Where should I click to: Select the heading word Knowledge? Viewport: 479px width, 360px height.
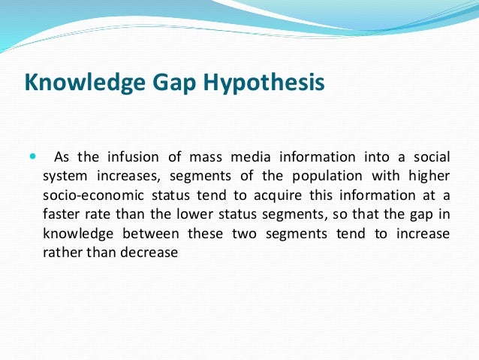[83, 82]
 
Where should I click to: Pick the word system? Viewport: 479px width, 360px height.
[63, 176]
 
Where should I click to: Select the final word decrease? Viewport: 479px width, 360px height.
[152, 253]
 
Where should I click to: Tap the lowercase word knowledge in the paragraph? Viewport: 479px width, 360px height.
[77, 234]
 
